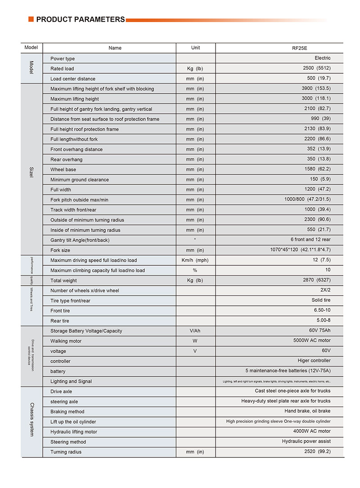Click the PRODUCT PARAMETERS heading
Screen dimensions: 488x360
click(x=80, y=19)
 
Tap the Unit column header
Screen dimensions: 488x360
click(x=195, y=48)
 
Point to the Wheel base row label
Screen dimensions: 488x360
click(x=63, y=170)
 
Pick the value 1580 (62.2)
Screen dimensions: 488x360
click(x=317, y=169)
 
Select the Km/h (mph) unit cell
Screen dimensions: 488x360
click(x=195, y=260)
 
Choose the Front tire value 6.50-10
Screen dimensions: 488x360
click(x=322, y=310)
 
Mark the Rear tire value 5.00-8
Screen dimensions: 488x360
click(x=323, y=321)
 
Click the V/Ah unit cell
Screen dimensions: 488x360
click(x=195, y=331)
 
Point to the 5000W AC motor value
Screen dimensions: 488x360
click(x=312, y=340)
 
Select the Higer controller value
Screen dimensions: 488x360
click(x=314, y=360)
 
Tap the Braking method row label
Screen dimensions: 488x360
click(x=67, y=412)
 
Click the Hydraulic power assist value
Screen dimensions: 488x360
click(x=306, y=442)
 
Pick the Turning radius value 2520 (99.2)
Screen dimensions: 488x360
click(x=317, y=452)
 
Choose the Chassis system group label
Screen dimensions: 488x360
click(x=31, y=421)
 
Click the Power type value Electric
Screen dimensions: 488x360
click(x=322, y=58)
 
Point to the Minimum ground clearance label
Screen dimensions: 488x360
click(x=80, y=179)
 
